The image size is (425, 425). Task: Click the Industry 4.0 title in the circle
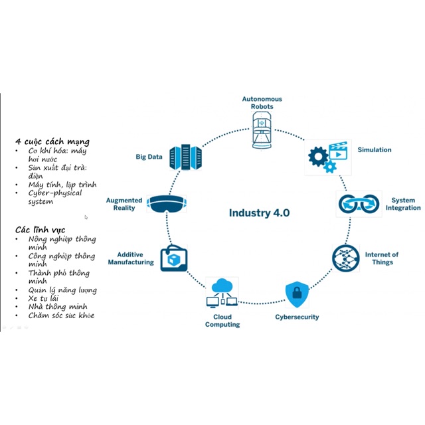tap(259, 213)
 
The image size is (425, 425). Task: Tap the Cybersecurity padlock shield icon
tap(296, 294)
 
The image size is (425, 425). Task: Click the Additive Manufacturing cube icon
tap(174, 258)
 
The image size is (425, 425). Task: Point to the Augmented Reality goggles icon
tap(165, 204)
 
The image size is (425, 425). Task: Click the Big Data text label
tap(149, 157)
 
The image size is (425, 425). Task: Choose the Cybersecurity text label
tap(297, 317)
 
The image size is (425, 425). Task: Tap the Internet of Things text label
tap(382, 258)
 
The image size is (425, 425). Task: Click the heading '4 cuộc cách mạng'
tap(52, 141)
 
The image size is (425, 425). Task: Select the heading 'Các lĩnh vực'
tap(41, 229)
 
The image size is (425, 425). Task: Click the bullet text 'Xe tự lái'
tap(43, 298)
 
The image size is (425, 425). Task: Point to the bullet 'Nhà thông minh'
tap(58, 307)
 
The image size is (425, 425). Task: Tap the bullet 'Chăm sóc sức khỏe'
tap(60, 315)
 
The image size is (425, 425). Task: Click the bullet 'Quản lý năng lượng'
tap(62, 290)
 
